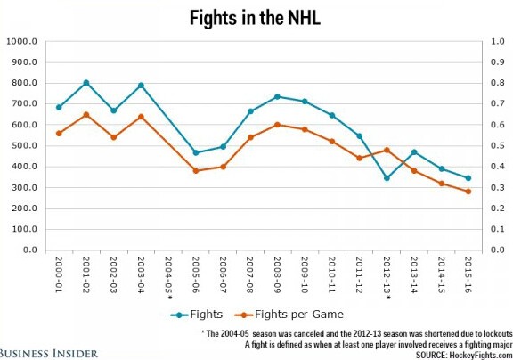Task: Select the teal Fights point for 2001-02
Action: (86, 83)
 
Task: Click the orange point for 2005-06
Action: (195, 170)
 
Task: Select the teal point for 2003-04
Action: (141, 86)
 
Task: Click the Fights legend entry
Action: (197, 314)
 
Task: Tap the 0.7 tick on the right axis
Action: (490, 104)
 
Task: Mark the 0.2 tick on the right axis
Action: (490, 209)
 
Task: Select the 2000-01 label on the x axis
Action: (60, 274)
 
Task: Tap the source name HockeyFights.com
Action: (476, 354)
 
